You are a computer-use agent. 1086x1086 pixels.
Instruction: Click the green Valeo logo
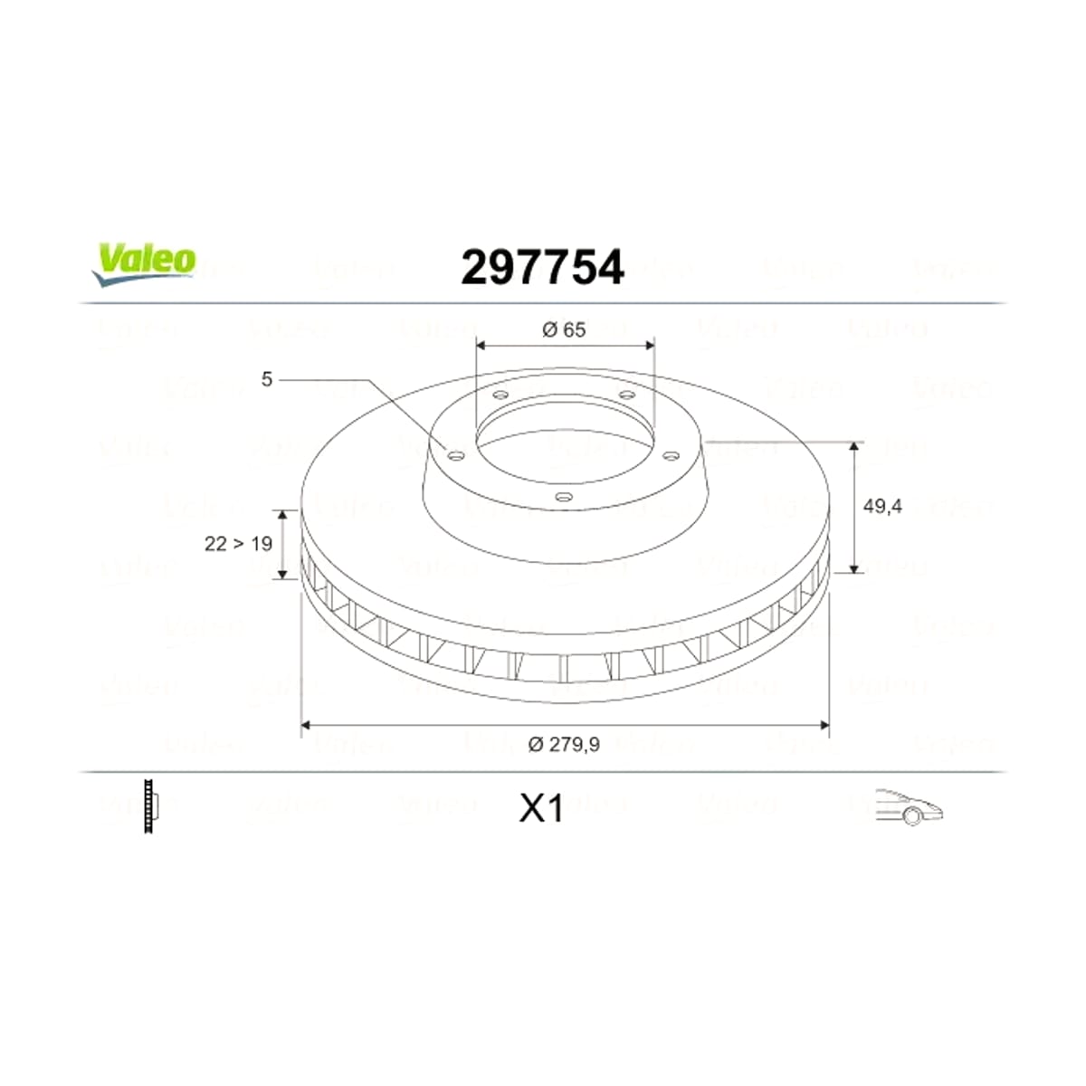click(x=144, y=264)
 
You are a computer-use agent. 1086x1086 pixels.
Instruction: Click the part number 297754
click(x=542, y=267)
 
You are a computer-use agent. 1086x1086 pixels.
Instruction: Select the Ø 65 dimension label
click(x=564, y=329)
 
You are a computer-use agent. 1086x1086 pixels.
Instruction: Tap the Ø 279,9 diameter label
click(x=564, y=745)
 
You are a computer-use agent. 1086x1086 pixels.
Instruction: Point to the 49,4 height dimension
click(x=882, y=507)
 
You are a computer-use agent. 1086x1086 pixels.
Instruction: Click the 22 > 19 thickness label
click(x=238, y=543)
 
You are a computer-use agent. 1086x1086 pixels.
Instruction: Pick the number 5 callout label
click(x=267, y=379)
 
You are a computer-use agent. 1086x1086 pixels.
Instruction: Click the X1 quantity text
click(x=541, y=809)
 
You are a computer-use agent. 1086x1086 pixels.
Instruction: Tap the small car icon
click(x=909, y=807)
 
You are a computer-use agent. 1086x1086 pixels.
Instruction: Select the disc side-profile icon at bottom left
click(x=150, y=806)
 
